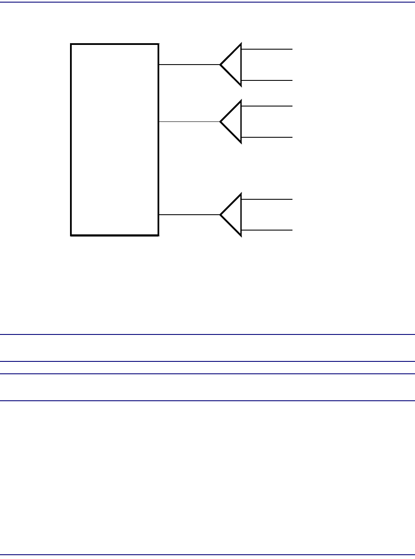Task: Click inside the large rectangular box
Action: click(x=114, y=139)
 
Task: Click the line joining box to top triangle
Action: click(x=189, y=65)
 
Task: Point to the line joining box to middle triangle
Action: click(x=189, y=122)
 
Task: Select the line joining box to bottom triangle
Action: click(x=189, y=215)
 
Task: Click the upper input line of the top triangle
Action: click(x=267, y=49)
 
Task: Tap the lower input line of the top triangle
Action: click(x=267, y=80)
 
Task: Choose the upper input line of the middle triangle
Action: click(x=267, y=106)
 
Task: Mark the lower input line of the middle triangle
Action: click(x=267, y=137)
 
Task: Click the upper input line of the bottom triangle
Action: click(x=267, y=199)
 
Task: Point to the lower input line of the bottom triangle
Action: click(x=267, y=231)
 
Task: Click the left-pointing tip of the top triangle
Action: click(x=221, y=65)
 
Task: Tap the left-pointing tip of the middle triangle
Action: click(x=221, y=122)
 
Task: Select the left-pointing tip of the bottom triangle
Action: click(x=221, y=215)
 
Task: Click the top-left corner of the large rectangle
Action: click(x=71, y=44)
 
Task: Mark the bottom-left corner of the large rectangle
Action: click(x=71, y=235)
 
